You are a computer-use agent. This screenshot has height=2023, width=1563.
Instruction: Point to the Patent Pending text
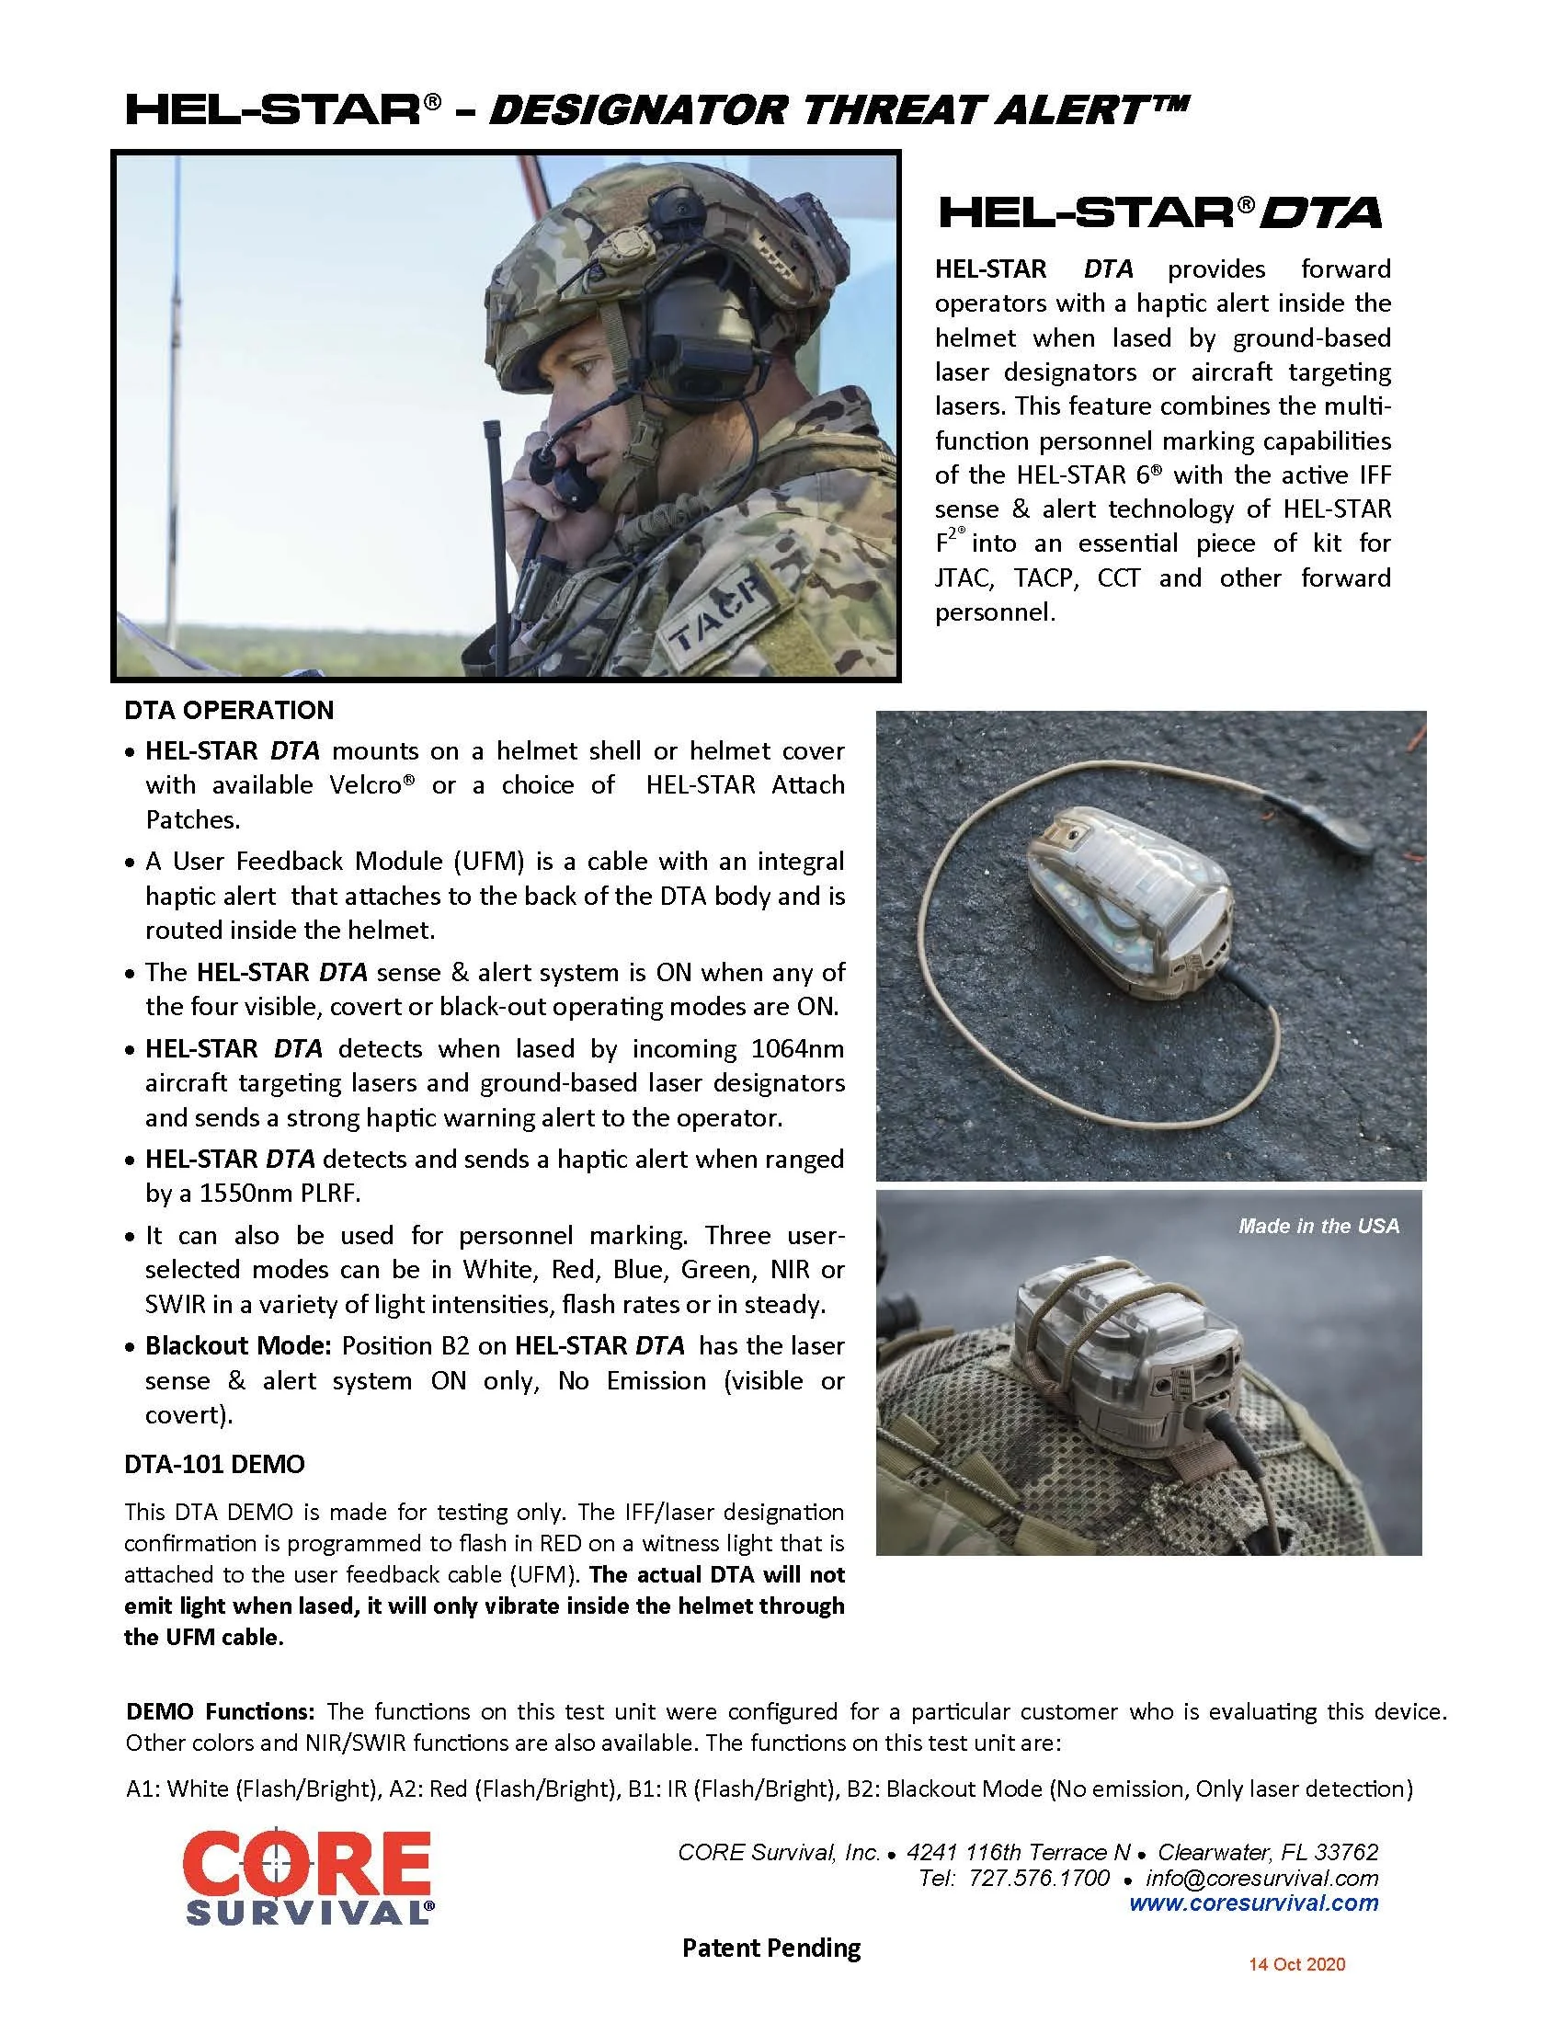770,1948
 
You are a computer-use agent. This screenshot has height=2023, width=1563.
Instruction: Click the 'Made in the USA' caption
1318,1226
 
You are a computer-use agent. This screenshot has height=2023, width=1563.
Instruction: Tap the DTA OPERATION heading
229,711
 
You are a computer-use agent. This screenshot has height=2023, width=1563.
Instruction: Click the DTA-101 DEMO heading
214,1465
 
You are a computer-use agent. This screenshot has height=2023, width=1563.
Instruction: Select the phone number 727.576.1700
1039,1878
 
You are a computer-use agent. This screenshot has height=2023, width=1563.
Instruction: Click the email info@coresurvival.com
1261,1878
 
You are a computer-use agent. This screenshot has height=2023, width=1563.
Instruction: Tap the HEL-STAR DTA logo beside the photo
1160,212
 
